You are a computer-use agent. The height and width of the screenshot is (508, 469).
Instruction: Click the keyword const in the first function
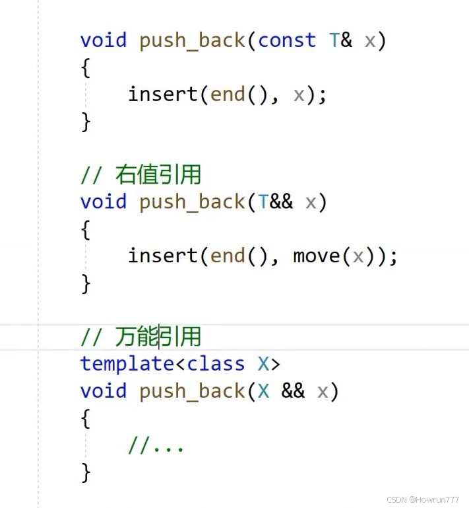(287, 40)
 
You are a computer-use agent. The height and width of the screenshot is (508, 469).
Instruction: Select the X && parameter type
(281, 391)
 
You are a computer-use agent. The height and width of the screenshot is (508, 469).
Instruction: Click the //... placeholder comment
(156, 446)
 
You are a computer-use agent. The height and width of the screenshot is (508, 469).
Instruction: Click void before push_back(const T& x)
(103, 40)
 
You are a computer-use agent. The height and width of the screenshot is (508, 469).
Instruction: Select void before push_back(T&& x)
(103, 202)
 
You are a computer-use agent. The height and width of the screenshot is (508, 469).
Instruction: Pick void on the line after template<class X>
(103, 391)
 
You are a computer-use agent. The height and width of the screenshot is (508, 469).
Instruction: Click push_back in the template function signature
(192, 391)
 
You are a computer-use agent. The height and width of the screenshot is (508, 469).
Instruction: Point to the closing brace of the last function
(86, 472)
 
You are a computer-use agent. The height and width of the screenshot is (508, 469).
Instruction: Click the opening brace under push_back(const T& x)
(86, 68)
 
